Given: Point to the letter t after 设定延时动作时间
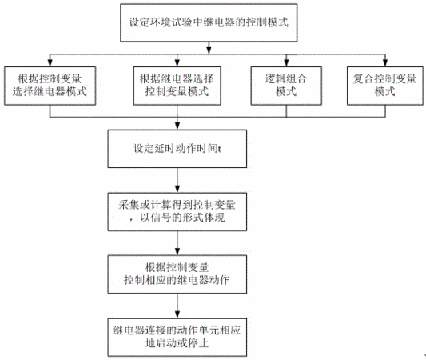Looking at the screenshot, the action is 219,149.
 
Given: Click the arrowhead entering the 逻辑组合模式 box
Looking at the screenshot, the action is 286,63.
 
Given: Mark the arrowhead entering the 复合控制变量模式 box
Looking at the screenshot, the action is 385,63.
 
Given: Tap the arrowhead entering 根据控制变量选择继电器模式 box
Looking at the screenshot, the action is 50,63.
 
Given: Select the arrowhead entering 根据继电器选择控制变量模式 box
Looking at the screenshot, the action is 177,63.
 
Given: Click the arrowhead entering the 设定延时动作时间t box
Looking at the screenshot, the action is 177,126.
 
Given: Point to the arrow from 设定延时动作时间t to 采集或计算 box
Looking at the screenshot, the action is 177,180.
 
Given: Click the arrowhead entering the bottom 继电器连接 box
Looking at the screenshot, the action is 177,315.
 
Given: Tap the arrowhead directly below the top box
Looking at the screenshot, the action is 209,51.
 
